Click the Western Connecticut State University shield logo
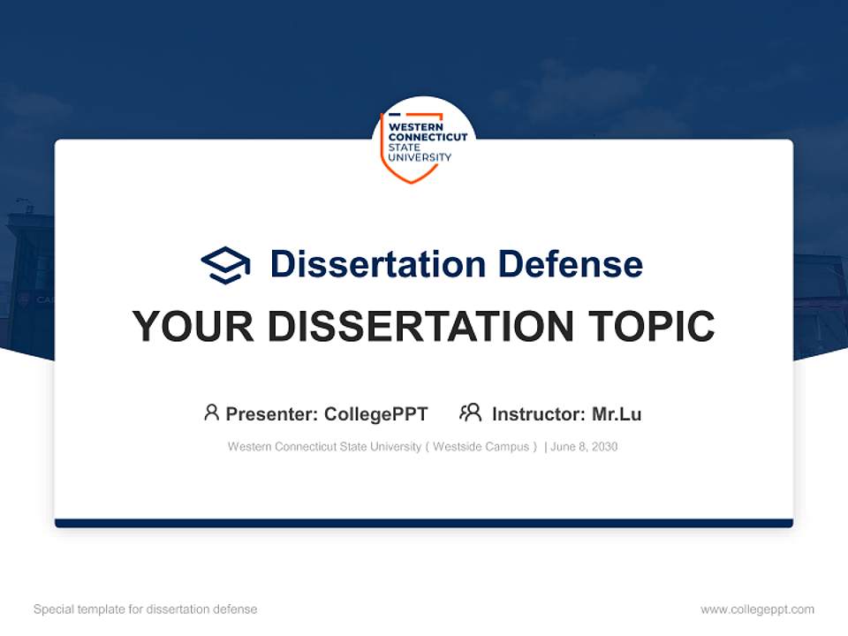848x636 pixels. click(423, 146)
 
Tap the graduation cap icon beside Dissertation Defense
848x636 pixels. click(225, 265)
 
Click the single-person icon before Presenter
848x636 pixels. click(211, 413)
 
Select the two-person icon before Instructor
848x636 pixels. click(470, 413)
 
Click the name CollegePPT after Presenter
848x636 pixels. click(375, 413)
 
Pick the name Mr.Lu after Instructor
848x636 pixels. click(617, 413)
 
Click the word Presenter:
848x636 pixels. click(272, 413)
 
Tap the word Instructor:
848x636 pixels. click(538, 413)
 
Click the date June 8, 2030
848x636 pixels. click(584, 447)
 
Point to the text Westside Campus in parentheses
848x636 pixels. click(481, 447)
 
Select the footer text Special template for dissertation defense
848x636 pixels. click(146, 609)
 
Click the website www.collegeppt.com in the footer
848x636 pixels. click(757, 609)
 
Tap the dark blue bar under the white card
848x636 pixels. click(424, 523)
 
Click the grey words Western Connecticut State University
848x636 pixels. click(324, 447)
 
